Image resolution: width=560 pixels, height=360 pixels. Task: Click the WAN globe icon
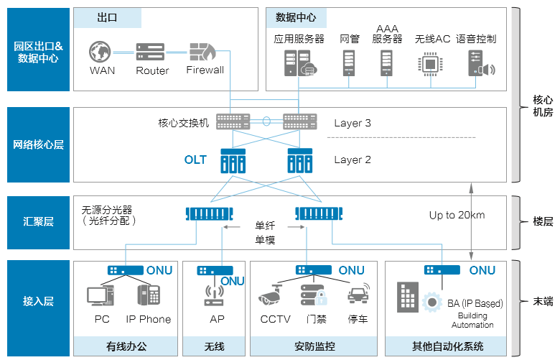(x=102, y=52)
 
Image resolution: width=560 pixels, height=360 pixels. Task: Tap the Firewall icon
(x=205, y=52)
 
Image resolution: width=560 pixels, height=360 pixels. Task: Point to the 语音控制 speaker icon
(x=481, y=64)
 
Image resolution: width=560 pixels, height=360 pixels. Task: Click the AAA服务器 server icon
(x=387, y=63)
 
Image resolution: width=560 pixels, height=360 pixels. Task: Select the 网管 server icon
(x=350, y=63)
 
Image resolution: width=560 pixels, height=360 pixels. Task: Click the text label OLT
(x=195, y=160)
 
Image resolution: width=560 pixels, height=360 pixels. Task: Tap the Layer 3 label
(x=353, y=123)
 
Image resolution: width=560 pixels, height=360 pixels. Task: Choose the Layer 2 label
(x=353, y=160)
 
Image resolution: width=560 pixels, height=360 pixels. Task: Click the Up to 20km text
(x=457, y=215)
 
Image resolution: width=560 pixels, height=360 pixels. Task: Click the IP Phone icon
(x=149, y=296)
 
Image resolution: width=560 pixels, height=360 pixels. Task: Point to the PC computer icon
(x=101, y=295)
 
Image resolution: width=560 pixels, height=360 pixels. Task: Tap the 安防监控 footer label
(x=314, y=346)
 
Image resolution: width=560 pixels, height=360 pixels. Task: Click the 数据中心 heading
(x=295, y=17)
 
